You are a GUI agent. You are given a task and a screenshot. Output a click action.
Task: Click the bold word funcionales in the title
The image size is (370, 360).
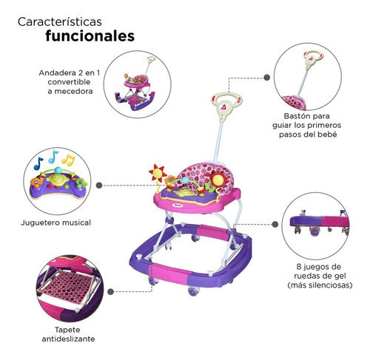[90, 36]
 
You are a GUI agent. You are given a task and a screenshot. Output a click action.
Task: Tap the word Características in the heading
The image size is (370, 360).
[60, 21]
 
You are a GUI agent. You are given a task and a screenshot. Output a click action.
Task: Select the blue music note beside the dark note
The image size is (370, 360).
[53, 157]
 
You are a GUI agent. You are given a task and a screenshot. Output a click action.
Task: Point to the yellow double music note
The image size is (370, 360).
[68, 160]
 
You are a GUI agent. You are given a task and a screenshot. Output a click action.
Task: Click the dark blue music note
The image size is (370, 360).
[38, 163]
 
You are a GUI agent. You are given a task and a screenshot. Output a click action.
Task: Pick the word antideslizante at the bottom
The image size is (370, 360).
[68, 339]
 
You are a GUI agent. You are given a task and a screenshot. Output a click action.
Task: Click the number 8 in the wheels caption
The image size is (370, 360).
[299, 267]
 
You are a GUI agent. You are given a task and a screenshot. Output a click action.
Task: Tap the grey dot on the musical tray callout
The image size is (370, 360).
[99, 186]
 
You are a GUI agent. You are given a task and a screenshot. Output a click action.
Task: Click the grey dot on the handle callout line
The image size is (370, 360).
[266, 78]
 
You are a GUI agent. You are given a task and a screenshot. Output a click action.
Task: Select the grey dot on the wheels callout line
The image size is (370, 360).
[275, 224]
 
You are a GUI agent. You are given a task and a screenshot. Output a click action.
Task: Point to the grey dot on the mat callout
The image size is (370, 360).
[111, 292]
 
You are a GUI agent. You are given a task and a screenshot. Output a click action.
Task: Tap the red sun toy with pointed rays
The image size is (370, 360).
[157, 174]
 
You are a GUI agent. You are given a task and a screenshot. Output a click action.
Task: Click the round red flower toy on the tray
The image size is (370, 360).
[218, 180]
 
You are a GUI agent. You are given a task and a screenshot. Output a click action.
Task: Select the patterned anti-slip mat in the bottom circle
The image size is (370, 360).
[69, 287]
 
